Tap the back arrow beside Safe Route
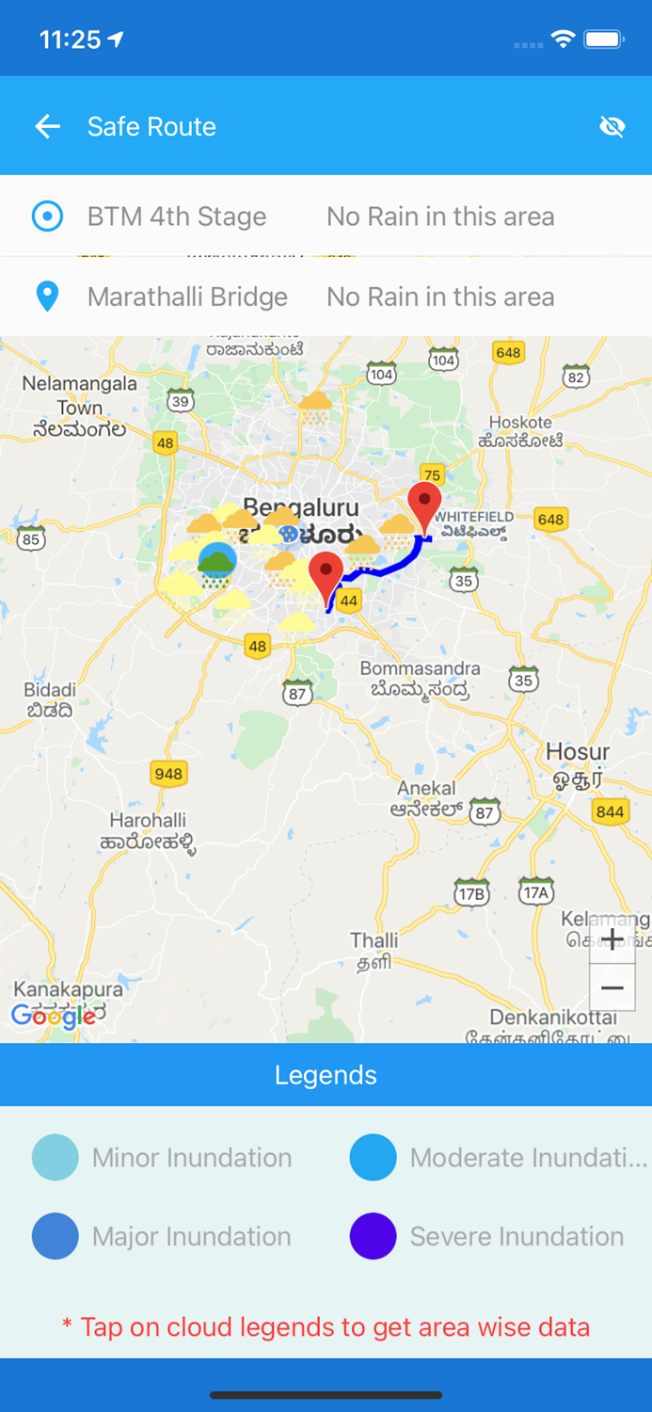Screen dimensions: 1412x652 click(x=47, y=126)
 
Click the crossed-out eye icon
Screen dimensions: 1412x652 click(x=612, y=126)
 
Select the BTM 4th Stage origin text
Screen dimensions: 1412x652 click(x=177, y=217)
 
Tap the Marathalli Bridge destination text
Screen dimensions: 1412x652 click(x=187, y=297)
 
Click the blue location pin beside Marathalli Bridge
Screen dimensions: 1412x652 click(x=47, y=297)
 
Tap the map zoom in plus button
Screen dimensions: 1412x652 click(x=612, y=939)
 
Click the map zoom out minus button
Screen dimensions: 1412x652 click(x=612, y=987)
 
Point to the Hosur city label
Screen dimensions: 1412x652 click(x=578, y=753)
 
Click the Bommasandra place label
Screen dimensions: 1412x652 click(x=420, y=668)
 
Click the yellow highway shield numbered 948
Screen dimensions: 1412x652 click(x=168, y=774)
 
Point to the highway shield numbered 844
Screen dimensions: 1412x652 click(x=610, y=811)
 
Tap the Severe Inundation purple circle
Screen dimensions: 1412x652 click(x=374, y=1236)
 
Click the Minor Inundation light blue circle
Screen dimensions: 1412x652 click(x=56, y=1157)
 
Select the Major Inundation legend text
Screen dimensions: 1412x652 click(x=192, y=1236)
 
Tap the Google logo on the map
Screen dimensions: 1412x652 click(x=53, y=1016)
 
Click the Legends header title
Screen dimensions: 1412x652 click(x=326, y=1075)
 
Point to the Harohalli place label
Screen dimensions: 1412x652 click(x=148, y=821)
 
